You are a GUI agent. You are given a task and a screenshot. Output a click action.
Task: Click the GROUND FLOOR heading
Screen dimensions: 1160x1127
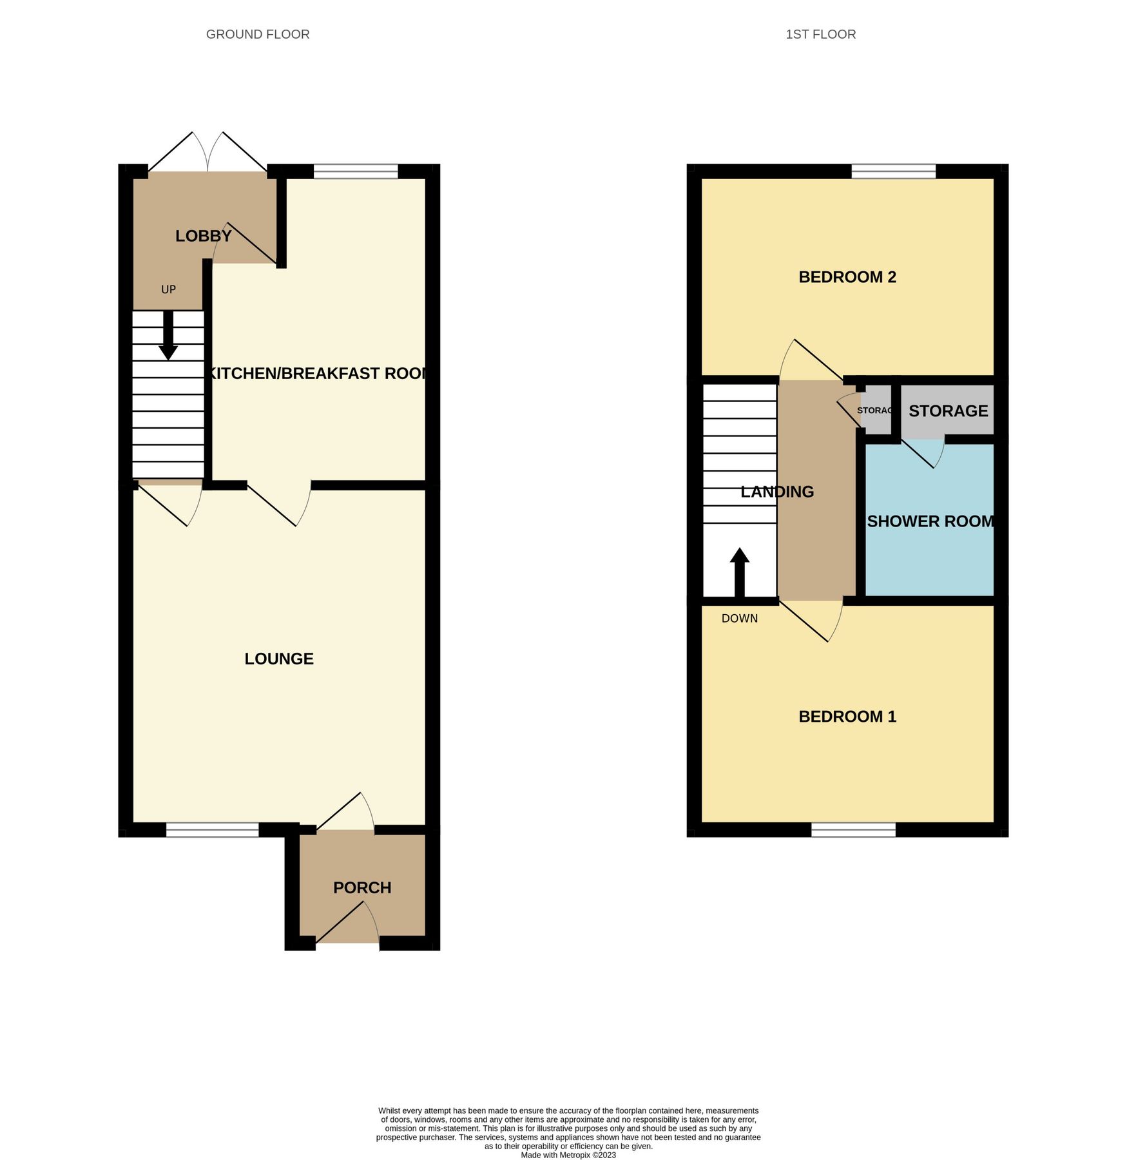pyautogui.click(x=258, y=35)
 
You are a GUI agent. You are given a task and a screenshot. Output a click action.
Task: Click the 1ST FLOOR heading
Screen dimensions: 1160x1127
pyautogui.click(x=820, y=35)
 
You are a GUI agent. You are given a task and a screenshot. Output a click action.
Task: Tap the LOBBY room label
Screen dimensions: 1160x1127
pyautogui.click(x=203, y=236)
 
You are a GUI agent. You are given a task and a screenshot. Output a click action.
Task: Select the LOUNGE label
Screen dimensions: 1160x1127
pyautogui.click(x=279, y=659)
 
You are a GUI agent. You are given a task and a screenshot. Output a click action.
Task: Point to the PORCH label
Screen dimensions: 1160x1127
pyautogui.click(x=362, y=887)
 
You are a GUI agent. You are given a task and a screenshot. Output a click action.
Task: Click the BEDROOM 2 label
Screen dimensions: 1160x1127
pyautogui.click(x=847, y=277)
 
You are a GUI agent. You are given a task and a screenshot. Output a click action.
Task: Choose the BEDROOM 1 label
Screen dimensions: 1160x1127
pyautogui.click(x=847, y=717)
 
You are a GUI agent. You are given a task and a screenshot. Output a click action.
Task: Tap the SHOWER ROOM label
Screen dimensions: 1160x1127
pyautogui.click(x=930, y=521)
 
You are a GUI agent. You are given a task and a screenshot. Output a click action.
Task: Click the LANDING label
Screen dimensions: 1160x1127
pyautogui.click(x=777, y=492)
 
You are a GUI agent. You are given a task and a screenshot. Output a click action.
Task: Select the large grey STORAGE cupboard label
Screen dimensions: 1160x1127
pyautogui.click(x=948, y=411)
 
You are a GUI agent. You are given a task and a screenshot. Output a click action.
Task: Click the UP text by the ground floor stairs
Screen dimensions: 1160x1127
pyautogui.click(x=168, y=290)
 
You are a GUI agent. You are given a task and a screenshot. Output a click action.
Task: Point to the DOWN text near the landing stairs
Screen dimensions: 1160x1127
pyautogui.click(x=739, y=619)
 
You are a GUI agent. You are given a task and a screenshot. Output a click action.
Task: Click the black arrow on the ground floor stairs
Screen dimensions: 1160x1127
pyautogui.click(x=168, y=336)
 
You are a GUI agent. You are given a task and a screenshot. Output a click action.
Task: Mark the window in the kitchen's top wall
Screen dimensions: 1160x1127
pyautogui.click(x=356, y=171)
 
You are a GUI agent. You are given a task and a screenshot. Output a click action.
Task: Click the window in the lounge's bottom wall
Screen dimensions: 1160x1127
pyautogui.click(x=213, y=830)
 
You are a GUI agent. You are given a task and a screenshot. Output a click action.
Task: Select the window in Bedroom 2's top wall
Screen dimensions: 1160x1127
pyautogui.click(x=893, y=171)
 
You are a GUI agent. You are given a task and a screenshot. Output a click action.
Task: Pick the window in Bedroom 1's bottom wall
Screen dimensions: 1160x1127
pyautogui.click(x=853, y=830)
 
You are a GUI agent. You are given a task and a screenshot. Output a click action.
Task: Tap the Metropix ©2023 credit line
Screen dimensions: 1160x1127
pyautogui.click(x=568, y=1155)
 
